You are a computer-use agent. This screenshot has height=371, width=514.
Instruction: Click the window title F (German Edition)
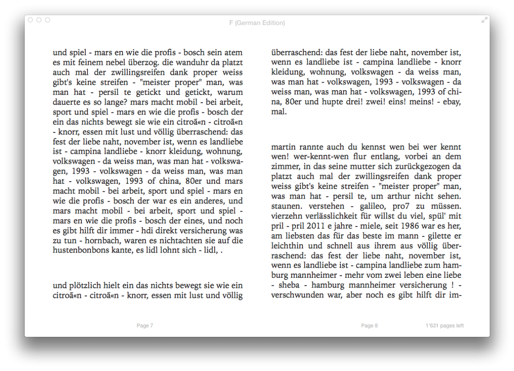click(257, 23)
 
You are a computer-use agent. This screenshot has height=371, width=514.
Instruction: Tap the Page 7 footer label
click(145, 326)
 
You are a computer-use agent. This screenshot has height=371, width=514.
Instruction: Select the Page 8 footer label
click(369, 326)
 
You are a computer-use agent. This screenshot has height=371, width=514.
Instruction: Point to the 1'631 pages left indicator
click(445, 326)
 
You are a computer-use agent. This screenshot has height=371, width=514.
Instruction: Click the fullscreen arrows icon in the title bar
click(484, 20)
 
